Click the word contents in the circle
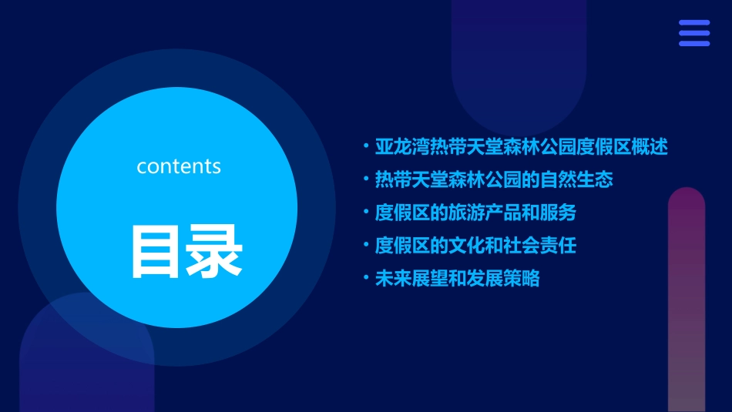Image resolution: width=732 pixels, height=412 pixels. pyautogui.click(x=179, y=166)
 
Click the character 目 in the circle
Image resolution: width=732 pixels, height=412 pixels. pyautogui.click(x=156, y=251)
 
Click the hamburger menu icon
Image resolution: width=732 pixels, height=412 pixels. pyautogui.click(x=694, y=33)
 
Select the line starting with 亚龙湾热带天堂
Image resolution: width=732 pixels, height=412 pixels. pyautogui.click(x=521, y=146)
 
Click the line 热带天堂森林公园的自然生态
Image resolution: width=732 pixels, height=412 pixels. pyautogui.click(x=494, y=179)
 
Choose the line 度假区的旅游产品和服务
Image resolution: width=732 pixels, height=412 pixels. pyautogui.click(x=475, y=213)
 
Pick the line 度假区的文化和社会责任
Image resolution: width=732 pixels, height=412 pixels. pyautogui.click(x=475, y=246)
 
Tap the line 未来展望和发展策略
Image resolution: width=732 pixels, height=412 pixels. pyautogui.click(x=457, y=279)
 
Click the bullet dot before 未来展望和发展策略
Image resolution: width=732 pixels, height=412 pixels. pyautogui.click(x=366, y=279)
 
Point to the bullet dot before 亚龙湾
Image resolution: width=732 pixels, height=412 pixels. pyautogui.click(x=366, y=146)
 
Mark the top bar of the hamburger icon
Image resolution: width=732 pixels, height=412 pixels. pyautogui.click(x=694, y=23)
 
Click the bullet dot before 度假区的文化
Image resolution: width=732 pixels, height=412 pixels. pyautogui.click(x=366, y=246)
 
